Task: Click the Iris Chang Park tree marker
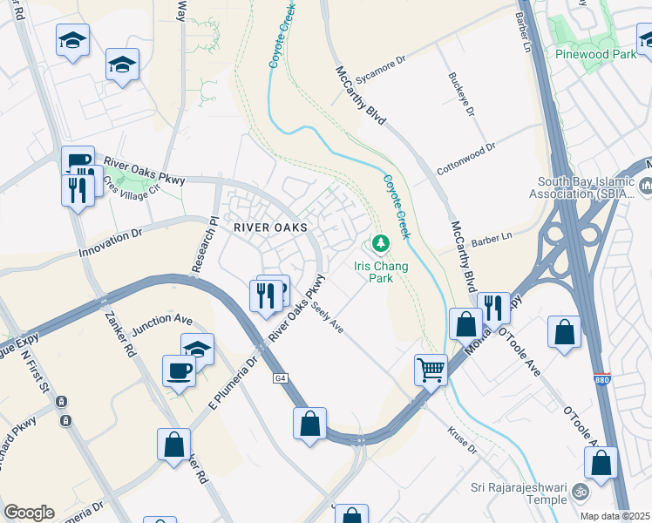pyautogui.click(x=379, y=241)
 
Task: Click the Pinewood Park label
pyautogui.click(x=595, y=53)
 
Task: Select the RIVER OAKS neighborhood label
pyautogui.click(x=270, y=228)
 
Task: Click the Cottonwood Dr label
pyautogui.click(x=466, y=160)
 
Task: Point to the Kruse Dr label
pyautogui.click(x=462, y=441)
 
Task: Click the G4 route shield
pyautogui.click(x=280, y=378)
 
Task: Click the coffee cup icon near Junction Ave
pyautogui.click(x=179, y=370)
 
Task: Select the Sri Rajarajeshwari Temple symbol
pyautogui.click(x=580, y=494)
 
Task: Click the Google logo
pyautogui.click(x=29, y=513)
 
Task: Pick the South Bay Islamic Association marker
pyautogui.click(x=647, y=186)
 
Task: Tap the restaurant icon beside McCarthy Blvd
pyautogui.click(x=493, y=307)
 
